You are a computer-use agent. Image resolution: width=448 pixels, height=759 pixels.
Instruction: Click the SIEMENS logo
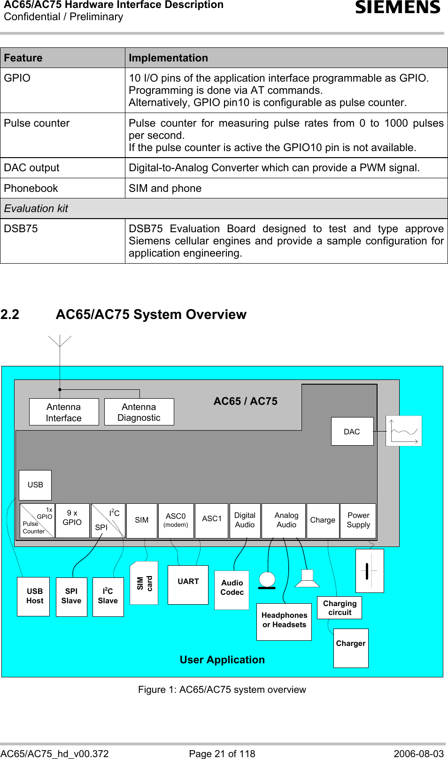(x=398, y=8)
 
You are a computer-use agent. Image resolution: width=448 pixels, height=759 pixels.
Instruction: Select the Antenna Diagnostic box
(x=139, y=412)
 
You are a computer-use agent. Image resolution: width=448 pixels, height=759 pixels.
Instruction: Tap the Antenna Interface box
(x=64, y=412)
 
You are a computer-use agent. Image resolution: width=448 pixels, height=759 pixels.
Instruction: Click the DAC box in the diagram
(x=352, y=432)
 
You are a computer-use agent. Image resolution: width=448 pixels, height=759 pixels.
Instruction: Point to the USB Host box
(x=34, y=596)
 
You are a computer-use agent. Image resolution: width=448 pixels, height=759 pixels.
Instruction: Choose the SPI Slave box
(x=71, y=596)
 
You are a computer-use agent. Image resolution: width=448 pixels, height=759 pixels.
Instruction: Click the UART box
(x=188, y=584)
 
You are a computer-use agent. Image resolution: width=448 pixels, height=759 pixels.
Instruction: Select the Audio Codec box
(x=232, y=590)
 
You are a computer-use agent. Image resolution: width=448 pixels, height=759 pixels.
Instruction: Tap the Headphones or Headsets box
(x=284, y=621)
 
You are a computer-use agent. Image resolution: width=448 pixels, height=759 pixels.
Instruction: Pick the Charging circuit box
(x=340, y=608)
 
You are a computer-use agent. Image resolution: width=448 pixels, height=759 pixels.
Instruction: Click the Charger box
(x=351, y=647)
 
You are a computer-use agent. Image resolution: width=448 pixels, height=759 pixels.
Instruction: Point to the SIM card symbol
(x=144, y=583)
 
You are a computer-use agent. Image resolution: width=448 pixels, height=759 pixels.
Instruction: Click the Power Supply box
(x=358, y=520)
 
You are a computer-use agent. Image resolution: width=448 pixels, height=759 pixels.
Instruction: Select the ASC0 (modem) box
(x=176, y=520)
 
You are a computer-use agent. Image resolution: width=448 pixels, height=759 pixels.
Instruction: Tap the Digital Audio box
(x=245, y=520)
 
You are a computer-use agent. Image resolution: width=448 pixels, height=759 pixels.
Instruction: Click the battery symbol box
(x=370, y=570)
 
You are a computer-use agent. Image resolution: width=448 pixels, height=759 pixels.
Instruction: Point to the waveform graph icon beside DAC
(x=404, y=431)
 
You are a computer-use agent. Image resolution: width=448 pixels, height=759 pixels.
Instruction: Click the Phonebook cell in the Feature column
(x=31, y=188)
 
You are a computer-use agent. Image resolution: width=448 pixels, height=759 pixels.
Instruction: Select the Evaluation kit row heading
(x=36, y=208)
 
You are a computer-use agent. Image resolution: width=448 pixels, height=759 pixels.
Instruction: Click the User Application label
(x=222, y=660)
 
